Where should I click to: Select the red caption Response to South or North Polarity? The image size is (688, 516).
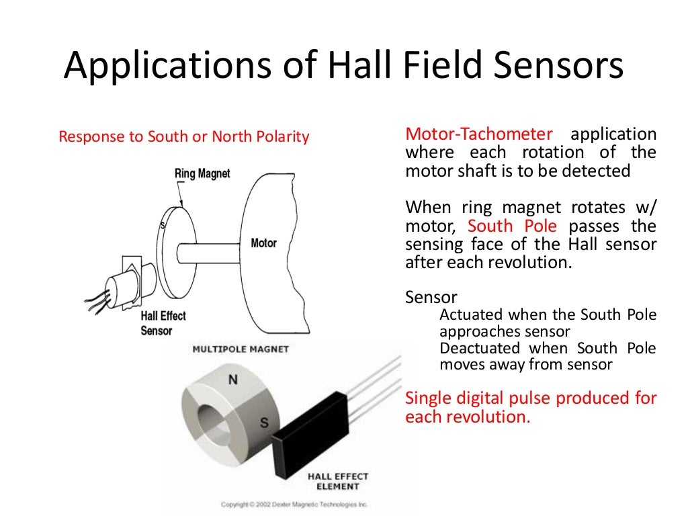pos(183,137)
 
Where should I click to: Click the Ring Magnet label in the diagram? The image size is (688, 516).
pos(202,173)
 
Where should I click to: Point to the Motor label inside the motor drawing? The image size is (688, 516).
pos(263,243)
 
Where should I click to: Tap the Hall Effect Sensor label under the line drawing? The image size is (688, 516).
pos(163,323)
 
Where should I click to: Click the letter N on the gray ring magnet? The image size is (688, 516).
pos(232,380)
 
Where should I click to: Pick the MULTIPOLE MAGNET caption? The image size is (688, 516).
pos(241,349)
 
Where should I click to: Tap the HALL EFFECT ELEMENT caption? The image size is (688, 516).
pos(338,481)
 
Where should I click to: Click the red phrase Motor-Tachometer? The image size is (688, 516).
pos(478,133)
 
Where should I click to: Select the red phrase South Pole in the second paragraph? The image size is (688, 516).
pos(512,226)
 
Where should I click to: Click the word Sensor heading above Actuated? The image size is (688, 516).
pos(431,298)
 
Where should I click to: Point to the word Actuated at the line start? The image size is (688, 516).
pos(471,314)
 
